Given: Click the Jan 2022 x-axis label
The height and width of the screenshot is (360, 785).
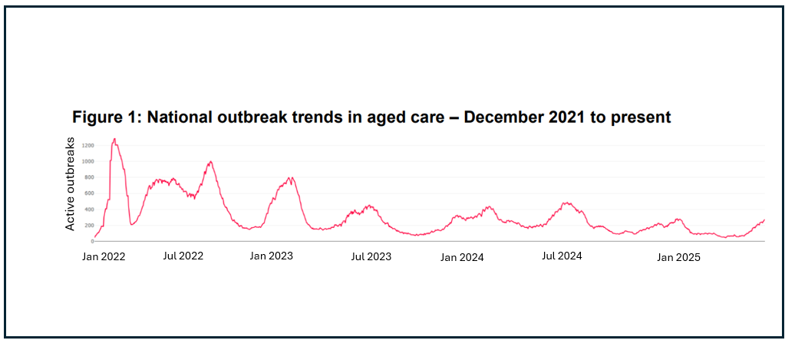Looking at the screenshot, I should [104, 256].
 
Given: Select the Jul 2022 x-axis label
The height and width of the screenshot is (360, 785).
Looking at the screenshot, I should [183, 256].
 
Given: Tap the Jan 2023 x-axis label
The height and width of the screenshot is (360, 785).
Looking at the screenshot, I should [271, 256].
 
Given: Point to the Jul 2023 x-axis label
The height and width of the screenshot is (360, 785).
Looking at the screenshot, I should [371, 256].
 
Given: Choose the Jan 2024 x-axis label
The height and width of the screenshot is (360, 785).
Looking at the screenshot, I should [462, 257].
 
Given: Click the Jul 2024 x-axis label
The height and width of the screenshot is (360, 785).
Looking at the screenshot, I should [562, 256].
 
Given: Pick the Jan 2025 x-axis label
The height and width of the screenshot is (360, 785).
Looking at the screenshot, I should [678, 257].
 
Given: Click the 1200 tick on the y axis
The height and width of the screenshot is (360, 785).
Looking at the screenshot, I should [87, 145].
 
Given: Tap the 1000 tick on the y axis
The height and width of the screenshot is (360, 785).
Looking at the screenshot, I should [87, 161].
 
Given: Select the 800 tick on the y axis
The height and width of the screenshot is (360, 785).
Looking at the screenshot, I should [88, 177].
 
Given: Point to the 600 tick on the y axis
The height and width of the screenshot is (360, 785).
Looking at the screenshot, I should [88, 193].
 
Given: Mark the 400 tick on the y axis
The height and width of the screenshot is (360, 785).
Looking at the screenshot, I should [88, 210].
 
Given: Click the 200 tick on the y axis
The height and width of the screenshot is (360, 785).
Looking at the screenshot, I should [88, 226].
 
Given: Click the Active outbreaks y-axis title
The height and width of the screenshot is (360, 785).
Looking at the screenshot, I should [70, 184].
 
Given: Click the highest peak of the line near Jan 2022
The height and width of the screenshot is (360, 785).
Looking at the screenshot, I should [114, 139].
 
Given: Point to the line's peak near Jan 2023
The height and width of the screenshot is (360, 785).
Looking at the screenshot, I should [291, 177].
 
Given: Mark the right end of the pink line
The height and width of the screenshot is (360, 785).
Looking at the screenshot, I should [764, 220].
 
